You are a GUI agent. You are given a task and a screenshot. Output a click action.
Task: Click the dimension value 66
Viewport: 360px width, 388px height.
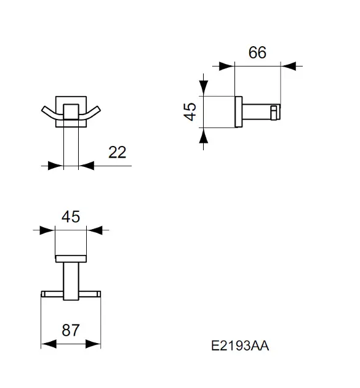click(x=257, y=52)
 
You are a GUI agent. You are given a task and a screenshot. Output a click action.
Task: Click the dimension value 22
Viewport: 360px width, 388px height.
click(x=117, y=153)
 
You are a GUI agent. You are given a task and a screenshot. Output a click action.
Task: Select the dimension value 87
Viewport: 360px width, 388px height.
click(x=71, y=330)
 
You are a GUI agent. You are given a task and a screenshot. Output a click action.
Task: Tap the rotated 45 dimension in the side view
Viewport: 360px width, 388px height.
click(x=190, y=111)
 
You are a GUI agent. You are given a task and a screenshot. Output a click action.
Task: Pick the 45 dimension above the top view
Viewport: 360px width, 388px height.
click(x=71, y=217)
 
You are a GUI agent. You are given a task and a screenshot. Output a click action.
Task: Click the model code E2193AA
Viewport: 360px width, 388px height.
click(x=240, y=346)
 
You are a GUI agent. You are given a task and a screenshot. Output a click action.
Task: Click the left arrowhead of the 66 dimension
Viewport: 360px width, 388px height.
click(x=226, y=67)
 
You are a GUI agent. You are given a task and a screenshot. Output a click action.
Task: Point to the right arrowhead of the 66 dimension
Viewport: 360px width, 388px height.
click(x=288, y=67)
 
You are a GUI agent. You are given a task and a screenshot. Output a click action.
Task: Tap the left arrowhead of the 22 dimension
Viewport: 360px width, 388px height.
click(x=56, y=166)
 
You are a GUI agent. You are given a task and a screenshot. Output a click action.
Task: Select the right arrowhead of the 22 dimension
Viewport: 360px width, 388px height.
click(x=86, y=166)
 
